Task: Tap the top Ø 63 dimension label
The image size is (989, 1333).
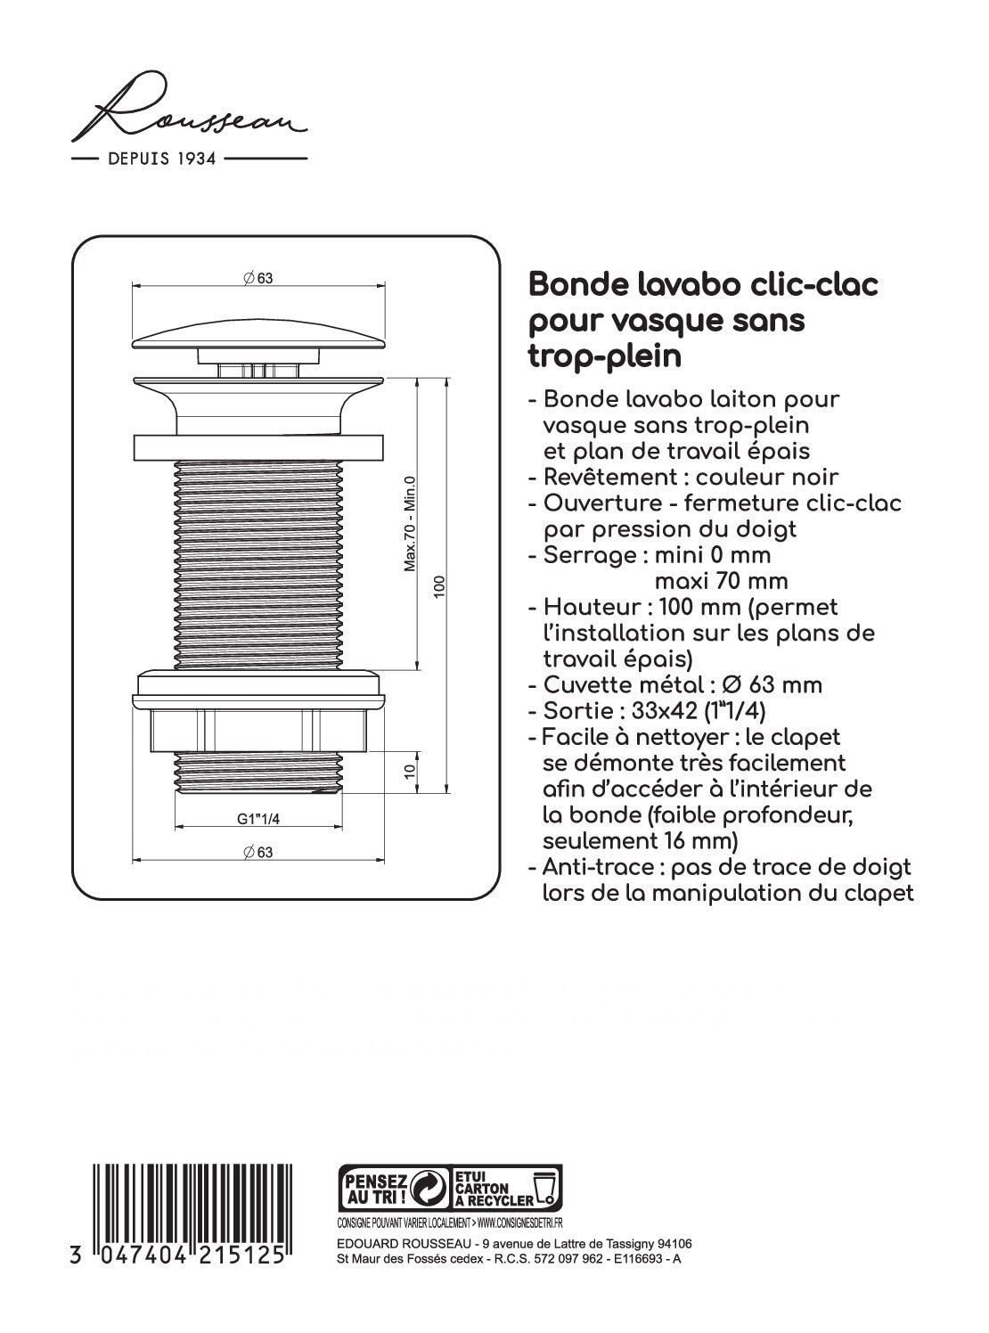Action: pos(258,278)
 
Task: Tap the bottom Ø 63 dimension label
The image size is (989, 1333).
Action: pos(258,852)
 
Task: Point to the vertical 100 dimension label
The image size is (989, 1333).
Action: pos(438,586)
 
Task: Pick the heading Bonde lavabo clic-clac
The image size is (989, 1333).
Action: pos(704,285)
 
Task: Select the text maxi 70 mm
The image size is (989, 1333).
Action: pos(722,581)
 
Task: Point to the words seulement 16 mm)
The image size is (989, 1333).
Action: pos(640,841)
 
